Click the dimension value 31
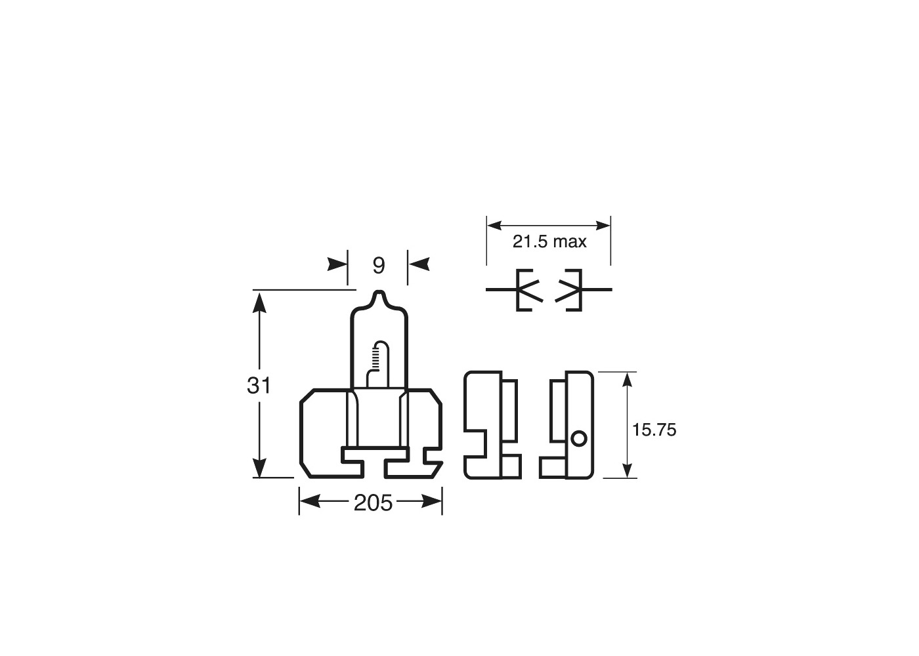coord(259,386)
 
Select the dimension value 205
coord(373,502)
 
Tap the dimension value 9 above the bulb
coord(378,266)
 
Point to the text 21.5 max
coord(549,242)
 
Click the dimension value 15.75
coord(654,430)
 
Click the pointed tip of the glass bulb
coord(379,293)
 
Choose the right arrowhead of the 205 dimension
coord(432,502)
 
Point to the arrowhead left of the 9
coord(338,264)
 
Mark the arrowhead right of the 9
coord(418,264)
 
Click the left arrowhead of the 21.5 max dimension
coord(495,225)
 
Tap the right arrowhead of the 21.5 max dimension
coord(602,225)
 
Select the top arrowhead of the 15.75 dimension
coord(628,381)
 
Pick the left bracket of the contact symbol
coord(521,290)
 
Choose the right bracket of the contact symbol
coord(578,290)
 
